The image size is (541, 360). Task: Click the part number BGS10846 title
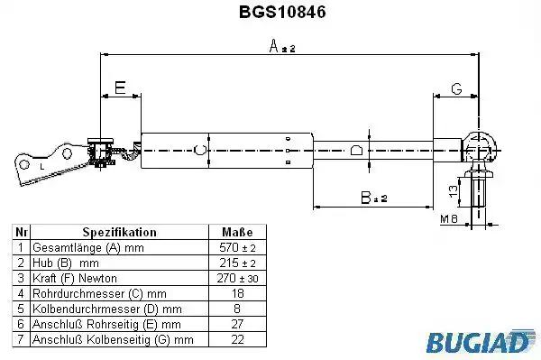point(282,12)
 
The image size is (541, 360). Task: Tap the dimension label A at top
point(282,46)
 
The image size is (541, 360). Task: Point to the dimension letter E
point(120,88)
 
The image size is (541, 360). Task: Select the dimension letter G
point(456,89)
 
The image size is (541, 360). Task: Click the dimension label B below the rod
point(373,198)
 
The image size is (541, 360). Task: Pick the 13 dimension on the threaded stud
point(454,189)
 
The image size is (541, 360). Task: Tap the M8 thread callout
point(448,219)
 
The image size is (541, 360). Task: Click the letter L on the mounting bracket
point(42,167)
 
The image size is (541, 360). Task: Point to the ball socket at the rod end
point(480,147)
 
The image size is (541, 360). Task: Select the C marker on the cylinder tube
point(200,150)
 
